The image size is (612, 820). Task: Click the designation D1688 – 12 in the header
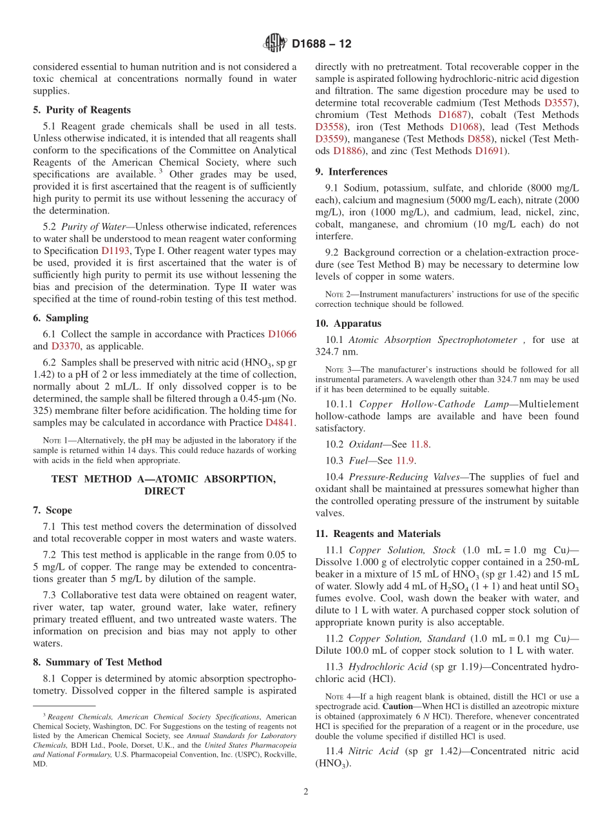coord(321,44)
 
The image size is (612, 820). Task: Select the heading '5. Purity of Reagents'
coord(82,110)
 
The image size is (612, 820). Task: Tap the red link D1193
coord(114,251)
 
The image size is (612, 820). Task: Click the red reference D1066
coord(282,334)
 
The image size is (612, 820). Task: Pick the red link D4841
coord(280,423)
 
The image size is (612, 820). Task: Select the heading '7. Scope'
coord(52,510)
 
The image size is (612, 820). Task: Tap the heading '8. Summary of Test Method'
coord(97,662)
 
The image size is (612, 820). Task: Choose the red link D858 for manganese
coord(480,139)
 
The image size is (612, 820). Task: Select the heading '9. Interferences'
coord(351,171)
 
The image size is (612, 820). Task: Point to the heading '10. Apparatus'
coord(348,324)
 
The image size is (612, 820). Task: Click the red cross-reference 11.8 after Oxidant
coord(419,444)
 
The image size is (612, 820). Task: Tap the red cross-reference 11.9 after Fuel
coord(404,460)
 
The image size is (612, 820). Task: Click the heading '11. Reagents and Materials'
coord(378,534)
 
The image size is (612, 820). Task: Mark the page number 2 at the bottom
coord(306,792)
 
